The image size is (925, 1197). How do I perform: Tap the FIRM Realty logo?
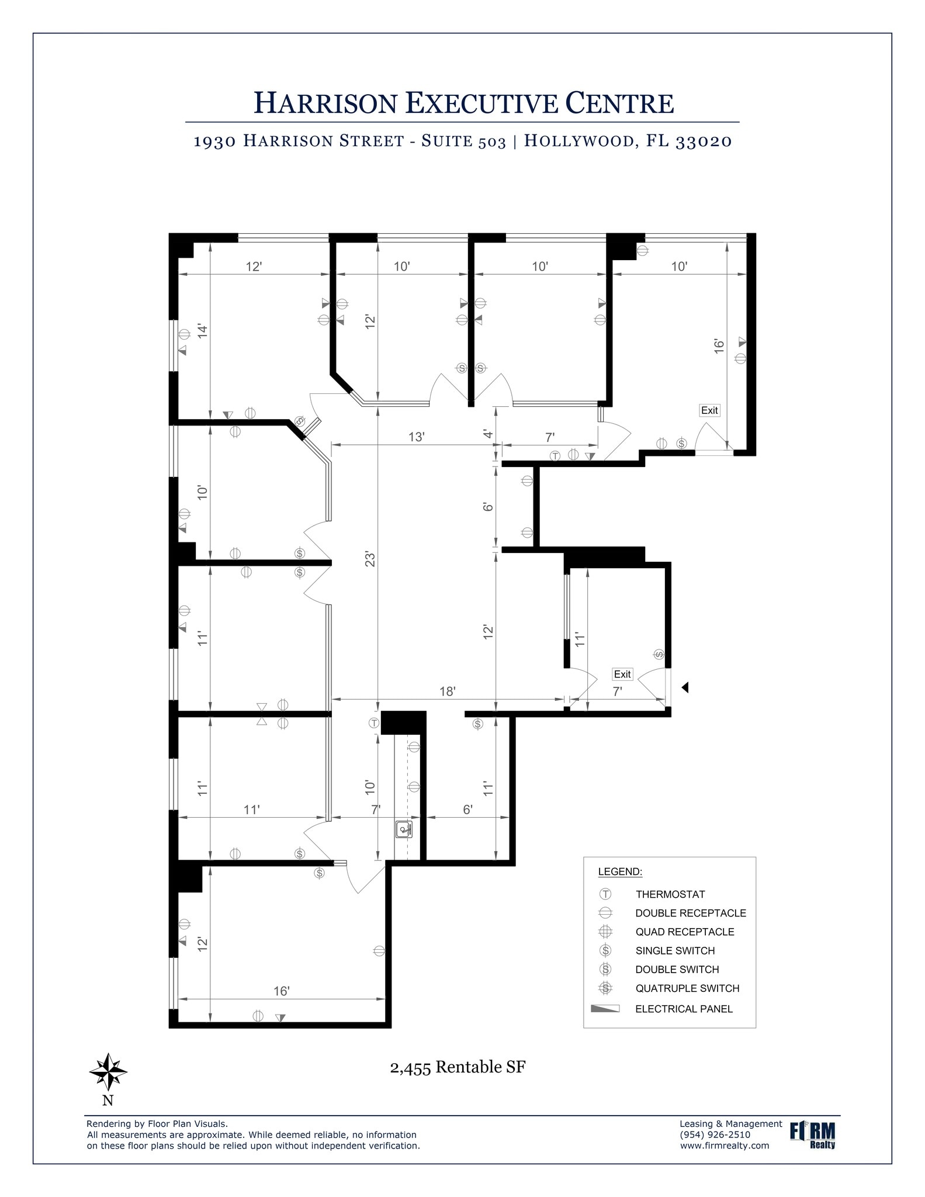[x=812, y=1135]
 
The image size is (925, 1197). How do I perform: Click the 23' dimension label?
[x=369, y=559]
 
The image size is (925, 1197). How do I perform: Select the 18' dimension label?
[x=447, y=691]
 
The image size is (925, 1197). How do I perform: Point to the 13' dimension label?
[x=416, y=437]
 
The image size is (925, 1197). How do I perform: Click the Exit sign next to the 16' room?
[x=709, y=410]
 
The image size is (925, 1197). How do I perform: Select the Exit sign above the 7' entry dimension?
[x=622, y=674]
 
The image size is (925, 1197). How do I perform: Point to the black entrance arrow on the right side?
[x=685, y=687]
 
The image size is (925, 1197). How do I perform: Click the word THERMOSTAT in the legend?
[x=670, y=894]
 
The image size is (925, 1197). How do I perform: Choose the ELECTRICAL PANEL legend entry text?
[x=684, y=1009]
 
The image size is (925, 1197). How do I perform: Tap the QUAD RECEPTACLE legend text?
[x=685, y=932]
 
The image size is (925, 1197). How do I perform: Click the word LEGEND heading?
[x=620, y=872]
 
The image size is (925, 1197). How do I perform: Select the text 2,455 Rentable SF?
[x=458, y=1067]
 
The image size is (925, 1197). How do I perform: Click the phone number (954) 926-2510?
[x=715, y=1134]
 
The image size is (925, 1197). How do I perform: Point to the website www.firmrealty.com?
[x=725, y=1146]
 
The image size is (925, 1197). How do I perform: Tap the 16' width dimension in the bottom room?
[x=282, y=991]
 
